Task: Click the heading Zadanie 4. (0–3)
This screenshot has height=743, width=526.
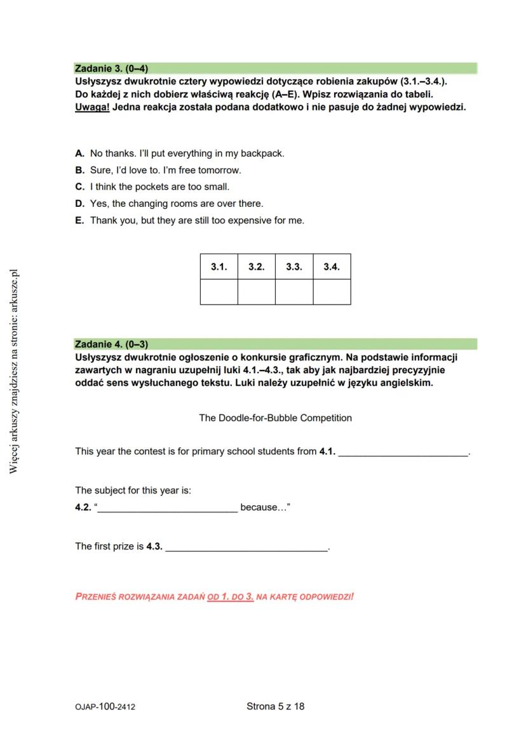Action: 111,345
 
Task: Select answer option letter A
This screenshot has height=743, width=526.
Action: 79,154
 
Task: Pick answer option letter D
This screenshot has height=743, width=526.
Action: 79,204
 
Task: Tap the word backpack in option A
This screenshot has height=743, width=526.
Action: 262,154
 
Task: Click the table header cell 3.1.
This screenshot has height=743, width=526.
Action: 219,267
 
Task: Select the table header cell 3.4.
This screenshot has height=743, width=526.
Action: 332,267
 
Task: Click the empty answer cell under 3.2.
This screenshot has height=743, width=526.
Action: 256,292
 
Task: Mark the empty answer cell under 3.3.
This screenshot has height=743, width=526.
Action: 294,292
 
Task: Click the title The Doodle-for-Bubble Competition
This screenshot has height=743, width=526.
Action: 275,418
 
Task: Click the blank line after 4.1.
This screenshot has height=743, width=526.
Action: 403,452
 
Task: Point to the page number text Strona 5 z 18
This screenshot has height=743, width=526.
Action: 275,706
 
